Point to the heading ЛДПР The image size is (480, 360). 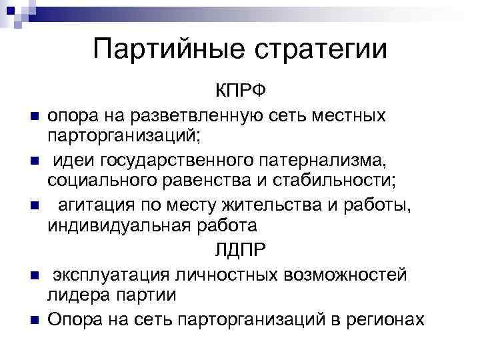pos(240,251)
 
